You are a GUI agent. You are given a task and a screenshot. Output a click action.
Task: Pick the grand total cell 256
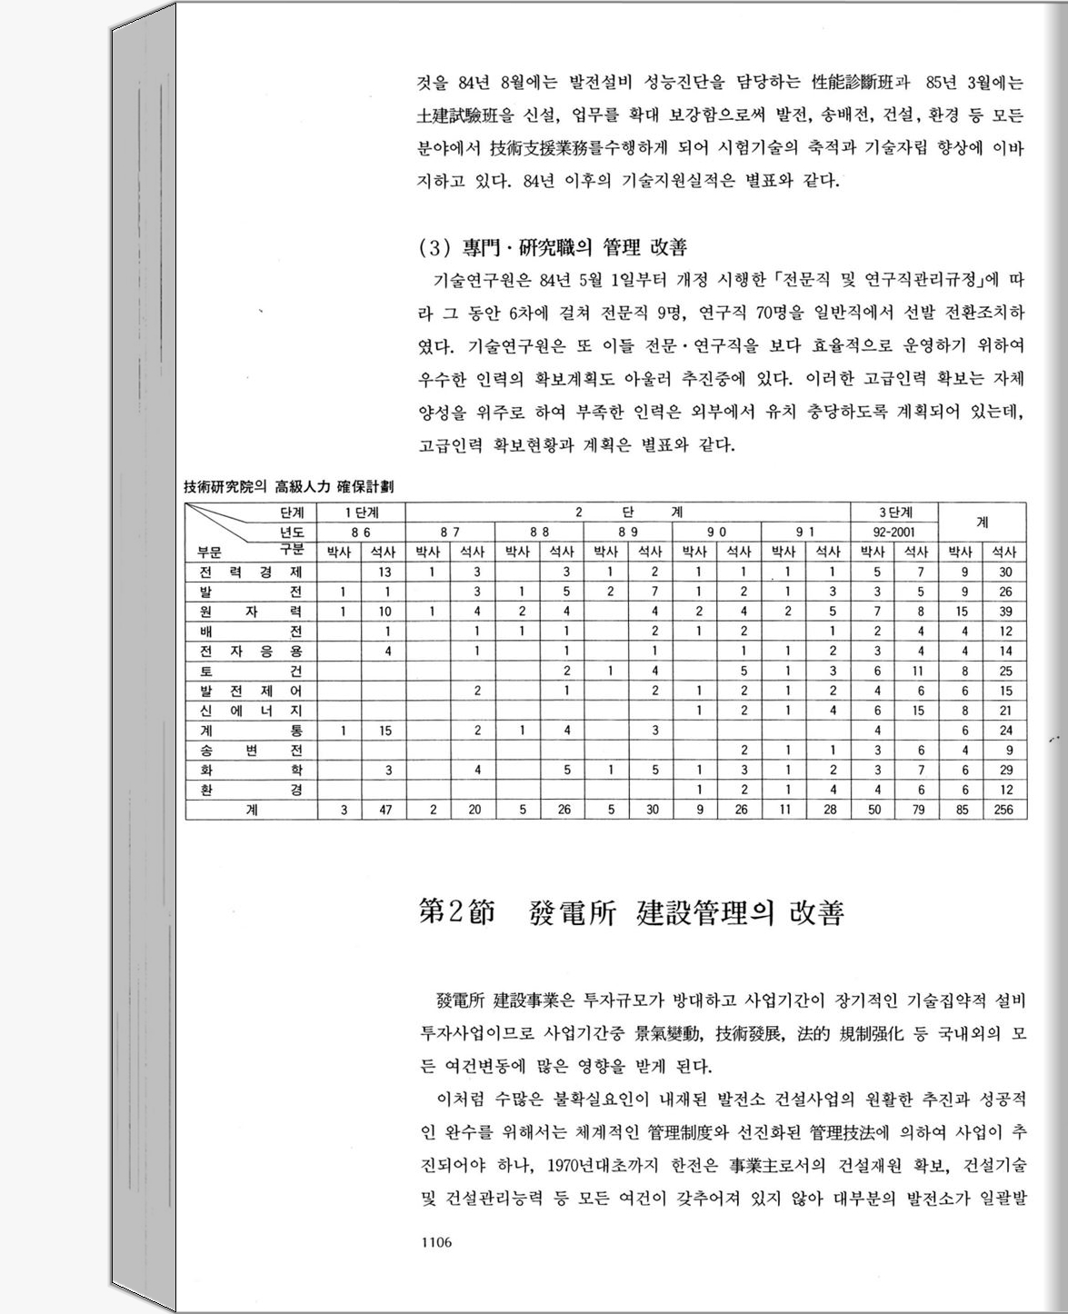(1003, 810)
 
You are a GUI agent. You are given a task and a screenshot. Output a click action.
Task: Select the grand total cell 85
(962, 810)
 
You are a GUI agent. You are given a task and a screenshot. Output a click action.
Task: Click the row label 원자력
(251, 612)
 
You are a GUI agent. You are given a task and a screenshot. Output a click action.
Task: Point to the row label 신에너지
(251, 711)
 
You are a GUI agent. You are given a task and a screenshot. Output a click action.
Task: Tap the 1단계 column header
(361, 513)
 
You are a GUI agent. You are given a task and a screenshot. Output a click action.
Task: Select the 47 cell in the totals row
(385, 810)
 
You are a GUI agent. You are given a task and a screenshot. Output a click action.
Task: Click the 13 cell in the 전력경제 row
(385, 572)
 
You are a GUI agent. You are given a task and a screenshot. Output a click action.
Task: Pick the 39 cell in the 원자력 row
(1004, 612)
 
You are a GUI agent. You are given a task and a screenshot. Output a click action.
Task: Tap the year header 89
(628, 533)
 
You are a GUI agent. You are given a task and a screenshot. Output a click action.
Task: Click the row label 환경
(251, 790)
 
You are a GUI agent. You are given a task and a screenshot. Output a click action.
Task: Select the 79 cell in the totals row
(918, 810)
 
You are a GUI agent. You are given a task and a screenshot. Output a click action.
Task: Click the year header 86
(361, 533)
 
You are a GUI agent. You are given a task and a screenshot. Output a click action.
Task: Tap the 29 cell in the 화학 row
(1004, 770)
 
